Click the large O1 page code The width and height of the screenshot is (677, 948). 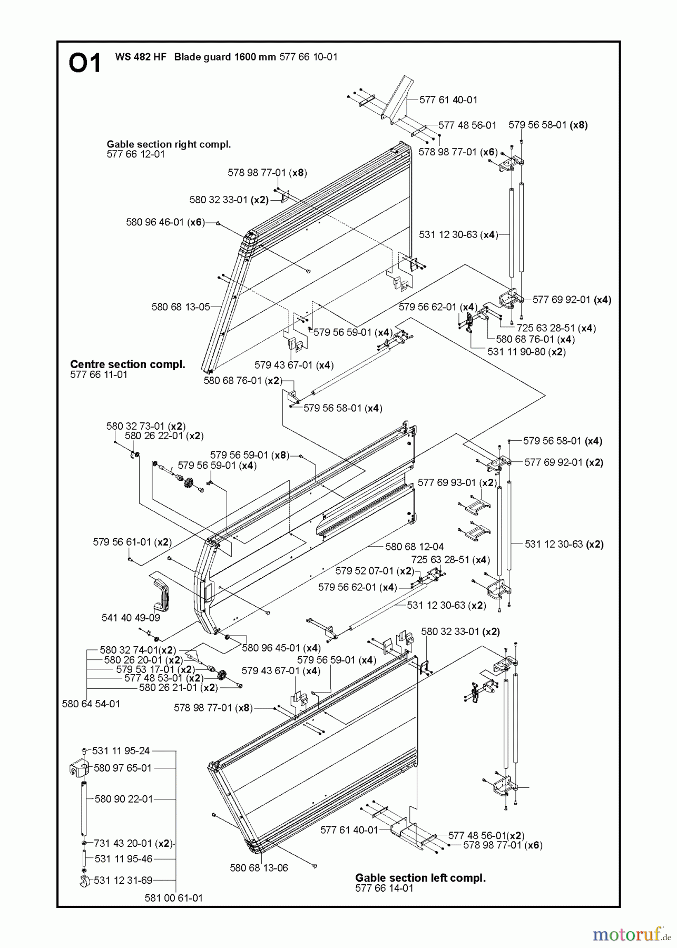pyautogui.click(x=84, y=64)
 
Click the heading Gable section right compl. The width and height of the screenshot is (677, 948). pyautogui.click(x=169, y=144)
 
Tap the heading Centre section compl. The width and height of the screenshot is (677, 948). pyautogui.click(x=127, y=364)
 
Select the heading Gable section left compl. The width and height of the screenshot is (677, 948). pyautogui.click(x=420, y=878)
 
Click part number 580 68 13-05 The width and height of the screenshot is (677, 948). pyautogui.click(x=181, y=307)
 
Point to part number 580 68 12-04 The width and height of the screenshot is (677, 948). pyautogui.click(x=415, y=547)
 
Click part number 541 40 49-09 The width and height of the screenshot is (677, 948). pyautogui.click(x=131, y=618)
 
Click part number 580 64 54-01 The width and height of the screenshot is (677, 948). pyautogui.click(x=91, y=704)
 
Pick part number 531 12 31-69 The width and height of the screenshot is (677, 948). pyautogui.click(x=123, y=880)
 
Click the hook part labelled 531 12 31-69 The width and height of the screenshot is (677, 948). pyautogui.click(x=84, y=880)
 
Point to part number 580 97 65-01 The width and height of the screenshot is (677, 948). pyautogui.click(x=123, y=768)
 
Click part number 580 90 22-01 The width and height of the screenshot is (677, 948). pyautogui.click(x=124, y=799)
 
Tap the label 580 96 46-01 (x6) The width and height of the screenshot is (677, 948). pyautogui.click(x=165, y=222)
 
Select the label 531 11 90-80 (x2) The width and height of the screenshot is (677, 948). pyautogui.click(x=526, y=351)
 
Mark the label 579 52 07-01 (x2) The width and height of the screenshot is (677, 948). pyautogui.click(x=375, y=571)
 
